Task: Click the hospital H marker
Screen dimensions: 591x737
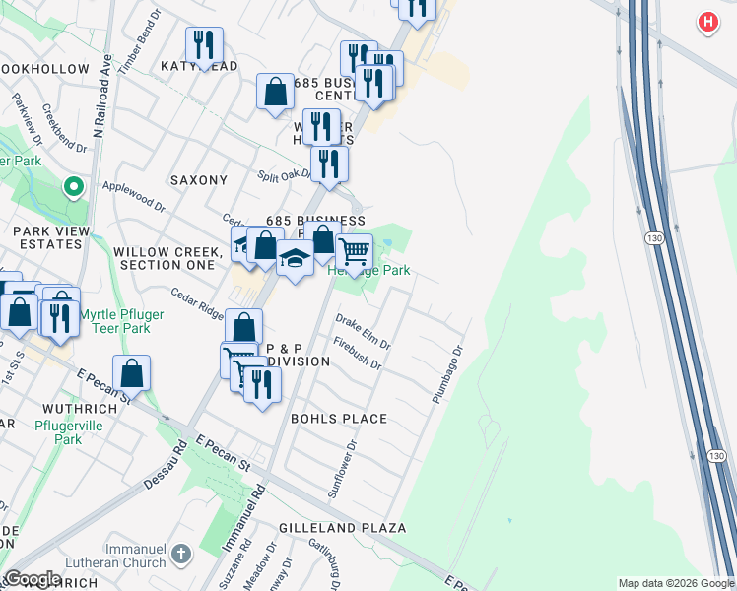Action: pos(707,23)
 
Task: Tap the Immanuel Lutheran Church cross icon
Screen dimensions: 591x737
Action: pos(179,554)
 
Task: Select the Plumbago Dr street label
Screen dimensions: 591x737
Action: pos(446,373)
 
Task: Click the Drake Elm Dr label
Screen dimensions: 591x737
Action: pos(363,332)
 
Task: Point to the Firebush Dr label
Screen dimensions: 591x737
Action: pos(357,354)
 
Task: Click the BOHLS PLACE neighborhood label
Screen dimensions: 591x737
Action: pos(338,419)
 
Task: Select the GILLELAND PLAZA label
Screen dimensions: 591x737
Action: pos(342,528)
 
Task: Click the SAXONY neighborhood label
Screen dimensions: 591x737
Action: pos(198,180)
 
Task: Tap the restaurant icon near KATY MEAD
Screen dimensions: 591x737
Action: pos(204,44)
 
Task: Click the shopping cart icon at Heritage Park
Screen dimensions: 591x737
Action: pos(354,251)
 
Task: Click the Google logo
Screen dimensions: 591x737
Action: pos(33,579)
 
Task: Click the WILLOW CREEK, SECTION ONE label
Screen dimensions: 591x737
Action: pos(164,258)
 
